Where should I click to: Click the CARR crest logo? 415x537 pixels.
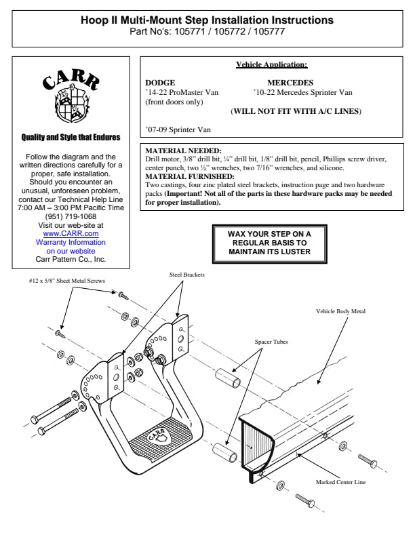(71, 96)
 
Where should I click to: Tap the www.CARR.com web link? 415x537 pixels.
(71, 233)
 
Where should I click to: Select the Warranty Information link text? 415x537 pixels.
(71, 242)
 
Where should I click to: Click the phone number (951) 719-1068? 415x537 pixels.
(71, 217)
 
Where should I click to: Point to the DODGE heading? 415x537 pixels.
(160, 82)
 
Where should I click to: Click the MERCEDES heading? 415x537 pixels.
(290, 82)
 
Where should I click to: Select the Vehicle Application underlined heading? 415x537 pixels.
(271, 65)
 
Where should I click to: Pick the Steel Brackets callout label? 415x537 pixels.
(187, 275)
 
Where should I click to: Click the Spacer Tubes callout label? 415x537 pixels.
(271, 342)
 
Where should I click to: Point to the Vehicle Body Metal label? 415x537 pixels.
(340, 311)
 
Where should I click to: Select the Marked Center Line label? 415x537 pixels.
(340, 482)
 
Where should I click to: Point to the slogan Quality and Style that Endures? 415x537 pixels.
(71, 138)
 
